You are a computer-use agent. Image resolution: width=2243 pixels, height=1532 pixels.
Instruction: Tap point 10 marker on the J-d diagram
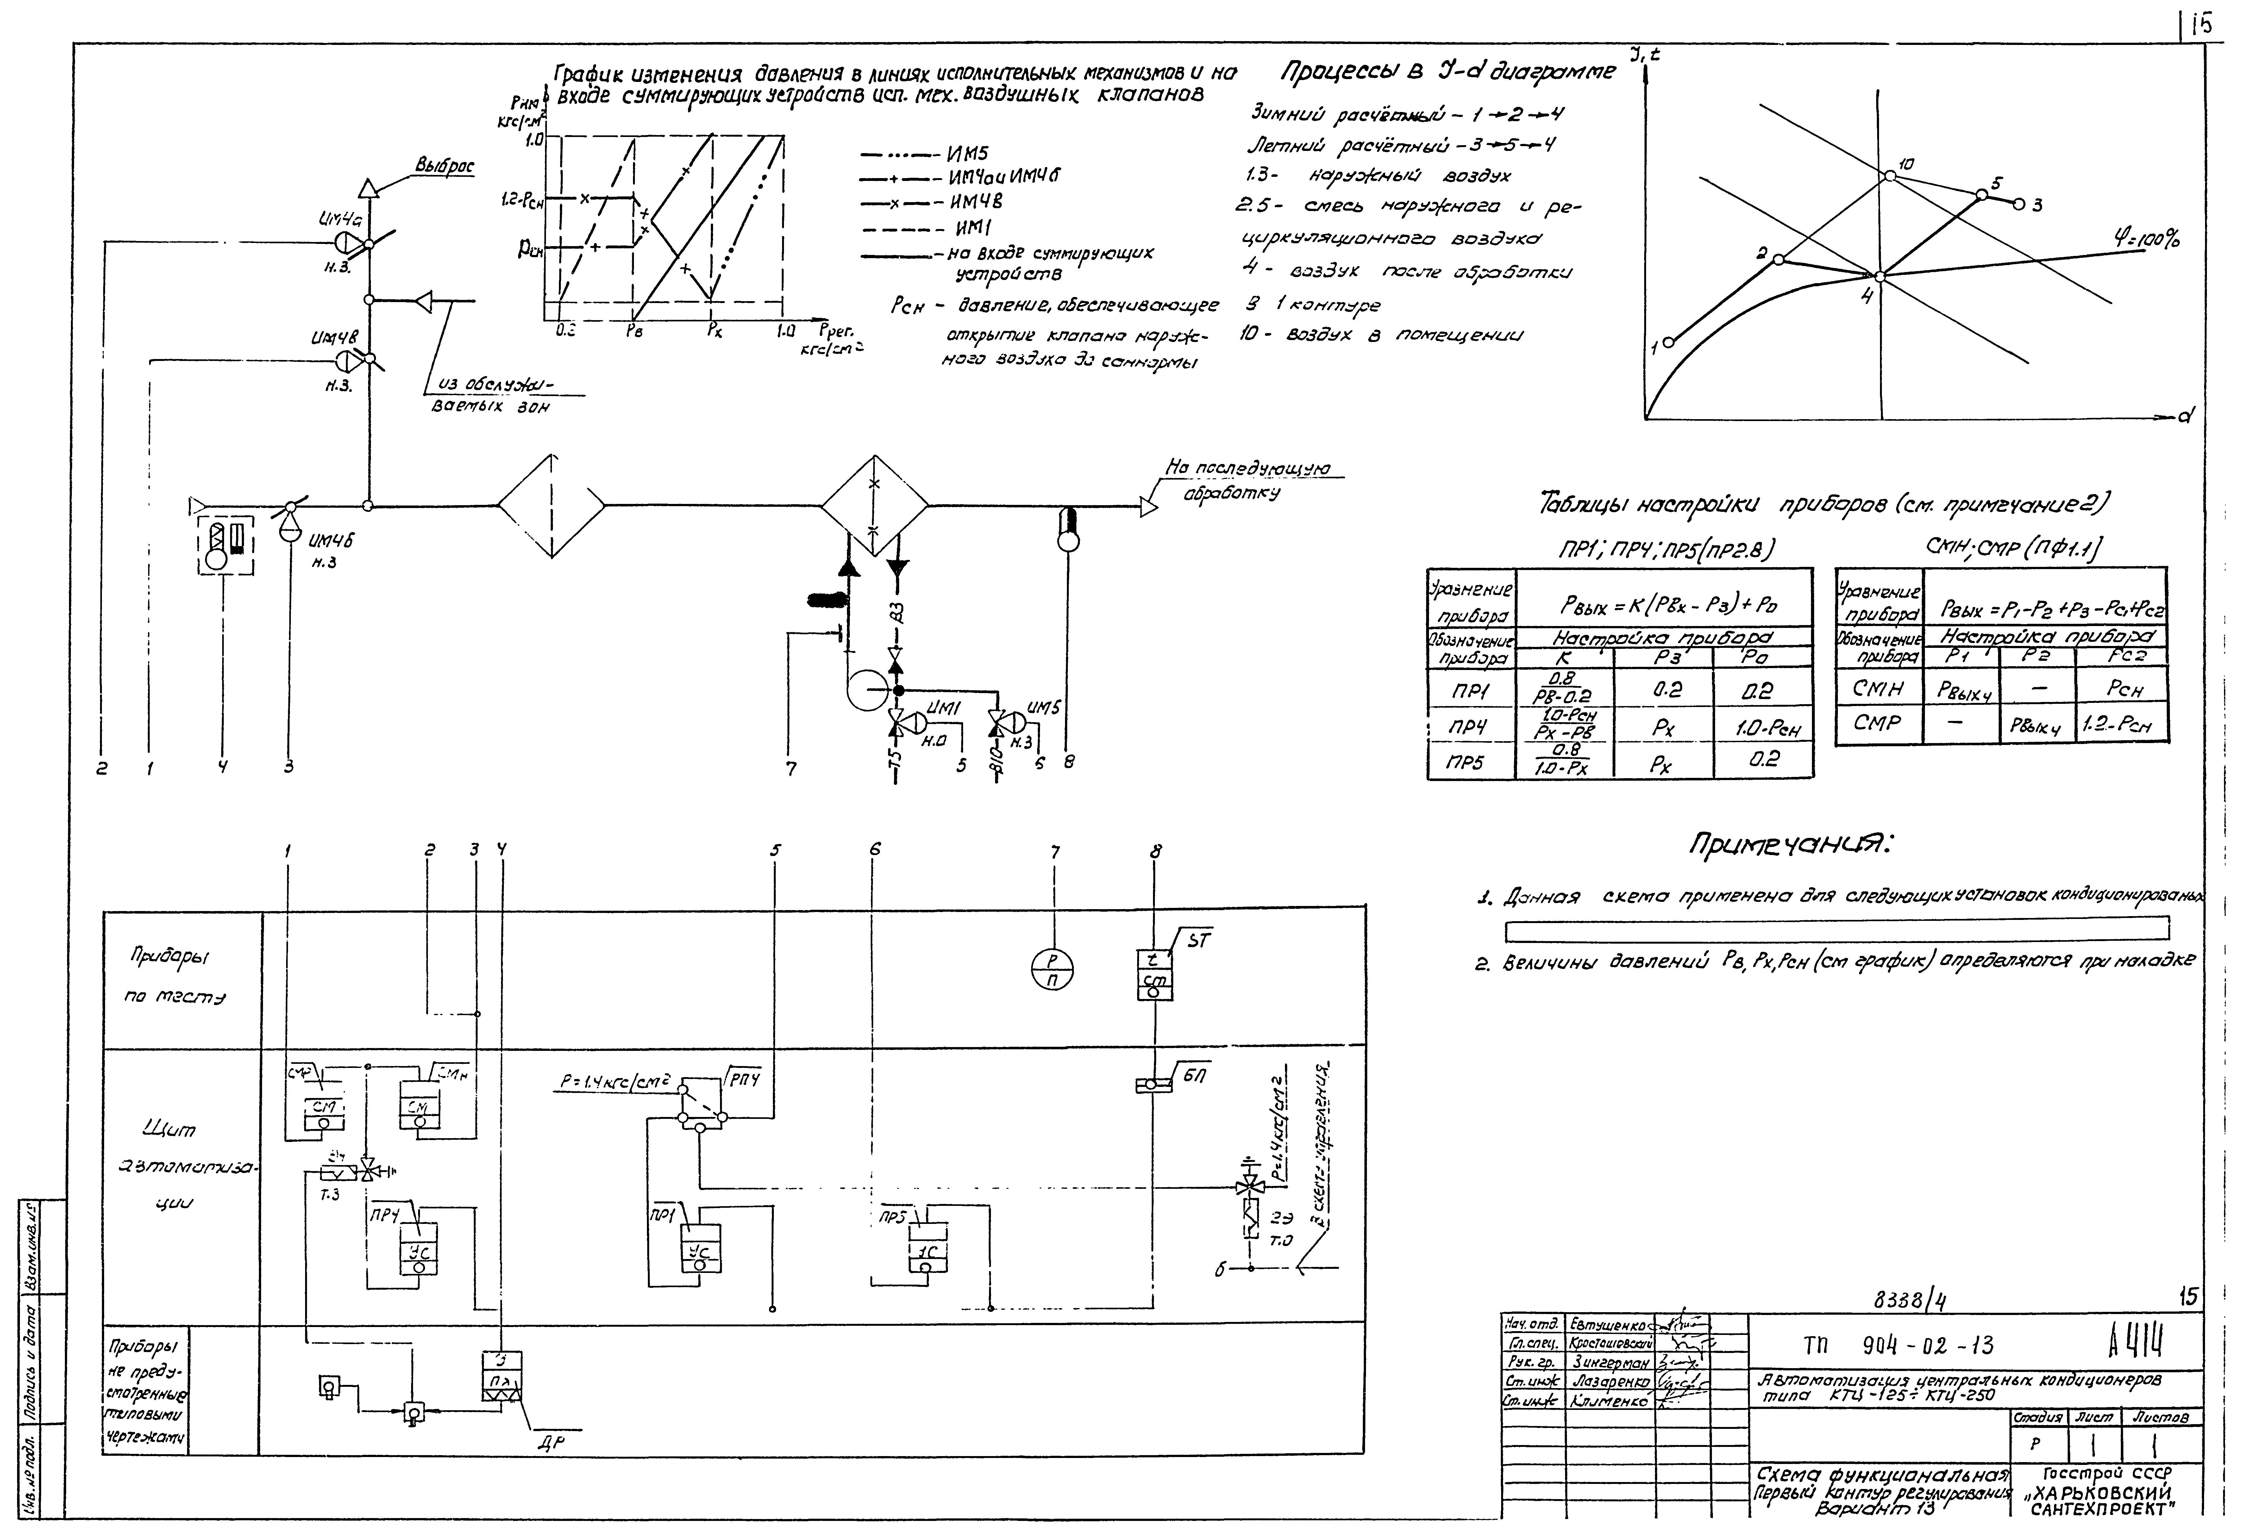tap(1890, 176)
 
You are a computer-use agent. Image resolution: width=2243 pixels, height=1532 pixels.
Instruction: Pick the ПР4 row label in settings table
tap(1468, 725)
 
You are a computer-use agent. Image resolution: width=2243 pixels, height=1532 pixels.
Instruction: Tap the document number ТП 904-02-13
tap(1897, 1345)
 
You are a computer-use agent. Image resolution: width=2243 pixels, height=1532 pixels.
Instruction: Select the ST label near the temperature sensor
tap(1197, 941)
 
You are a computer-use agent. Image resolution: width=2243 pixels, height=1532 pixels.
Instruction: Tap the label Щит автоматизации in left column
tap(183, 1167)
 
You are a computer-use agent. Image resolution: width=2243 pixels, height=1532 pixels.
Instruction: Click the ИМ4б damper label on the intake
tap(331, 542)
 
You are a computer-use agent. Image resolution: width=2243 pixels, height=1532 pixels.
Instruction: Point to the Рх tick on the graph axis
tap(713, 330)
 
